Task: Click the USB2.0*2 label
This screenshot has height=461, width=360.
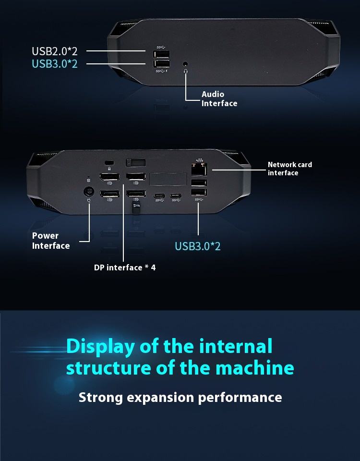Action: pos(54,51)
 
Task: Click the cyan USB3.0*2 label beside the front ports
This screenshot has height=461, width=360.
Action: pos(54,63)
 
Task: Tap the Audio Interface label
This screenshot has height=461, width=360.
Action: pos(219,99)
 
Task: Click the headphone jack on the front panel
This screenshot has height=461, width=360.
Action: pos(186,63)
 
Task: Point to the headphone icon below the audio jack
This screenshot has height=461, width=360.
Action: pos(186,71)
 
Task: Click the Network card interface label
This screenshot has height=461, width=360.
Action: pos(289,169)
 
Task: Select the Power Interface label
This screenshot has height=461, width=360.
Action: pos(51,241)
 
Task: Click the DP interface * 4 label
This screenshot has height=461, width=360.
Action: pos(125,267)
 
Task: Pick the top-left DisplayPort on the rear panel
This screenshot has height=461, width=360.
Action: pos(109,177)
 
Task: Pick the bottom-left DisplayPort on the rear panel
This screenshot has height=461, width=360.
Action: pos(109,194)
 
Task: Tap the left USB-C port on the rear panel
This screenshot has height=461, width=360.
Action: pos(159,195)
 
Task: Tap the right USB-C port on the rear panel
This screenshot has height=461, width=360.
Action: pos(176,195)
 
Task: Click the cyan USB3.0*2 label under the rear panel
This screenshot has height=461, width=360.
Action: pos(197,246)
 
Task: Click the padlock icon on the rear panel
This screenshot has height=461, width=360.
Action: pos(109,169)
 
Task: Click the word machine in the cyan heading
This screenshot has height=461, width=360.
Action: pos(254,368)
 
